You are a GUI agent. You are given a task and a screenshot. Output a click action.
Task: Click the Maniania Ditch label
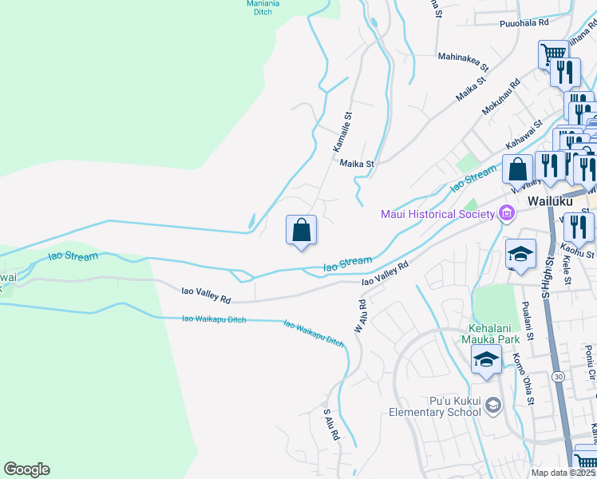263,7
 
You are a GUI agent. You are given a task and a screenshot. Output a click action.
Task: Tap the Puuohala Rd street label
524,24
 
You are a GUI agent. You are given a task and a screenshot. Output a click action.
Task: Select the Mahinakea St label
462,57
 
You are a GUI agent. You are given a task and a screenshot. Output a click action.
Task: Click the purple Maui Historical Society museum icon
505,213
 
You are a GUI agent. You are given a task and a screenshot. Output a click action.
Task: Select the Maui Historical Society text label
436,214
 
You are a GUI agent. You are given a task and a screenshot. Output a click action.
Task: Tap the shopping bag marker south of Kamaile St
302,231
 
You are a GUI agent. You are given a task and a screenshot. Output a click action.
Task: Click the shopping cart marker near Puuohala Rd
553,54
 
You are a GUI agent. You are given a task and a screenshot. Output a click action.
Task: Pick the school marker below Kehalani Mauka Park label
486,359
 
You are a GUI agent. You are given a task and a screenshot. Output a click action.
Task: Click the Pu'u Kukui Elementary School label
434,406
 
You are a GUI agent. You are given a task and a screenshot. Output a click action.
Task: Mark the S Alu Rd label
331,426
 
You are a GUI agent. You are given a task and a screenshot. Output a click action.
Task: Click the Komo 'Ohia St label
523,378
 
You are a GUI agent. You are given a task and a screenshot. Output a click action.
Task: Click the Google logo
26,469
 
